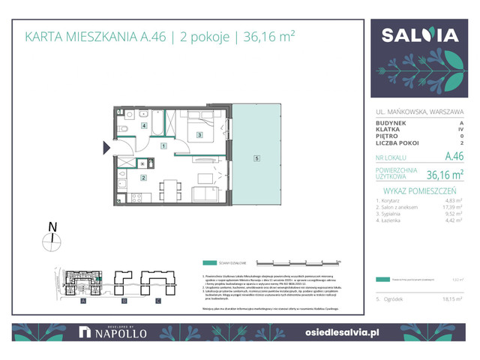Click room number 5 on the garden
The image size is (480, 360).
(256, 158)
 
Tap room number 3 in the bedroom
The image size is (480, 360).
(199, 135)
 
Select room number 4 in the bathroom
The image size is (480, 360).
(143, 126)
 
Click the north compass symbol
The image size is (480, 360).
(51, 239)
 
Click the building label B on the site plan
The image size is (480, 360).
(121, 301)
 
